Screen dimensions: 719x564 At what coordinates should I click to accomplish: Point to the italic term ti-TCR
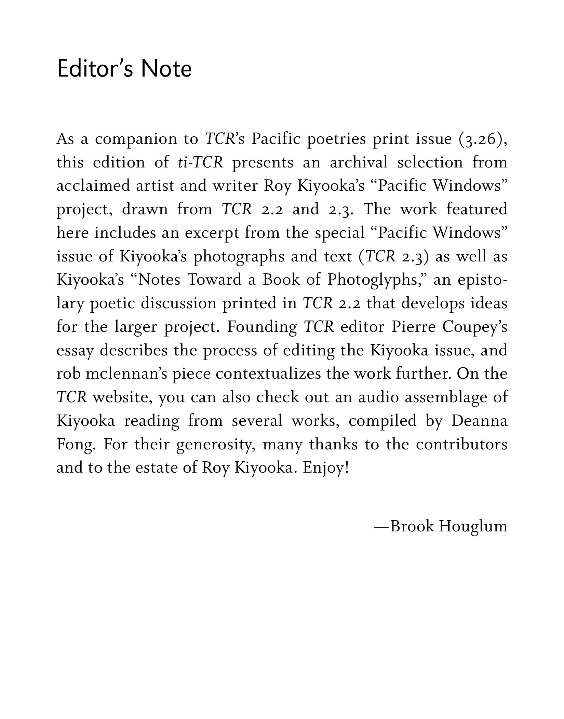201,162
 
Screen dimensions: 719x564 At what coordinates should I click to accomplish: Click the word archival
359,162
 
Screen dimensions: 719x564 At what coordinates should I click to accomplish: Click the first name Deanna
479,421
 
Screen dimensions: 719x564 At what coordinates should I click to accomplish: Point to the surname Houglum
473,526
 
